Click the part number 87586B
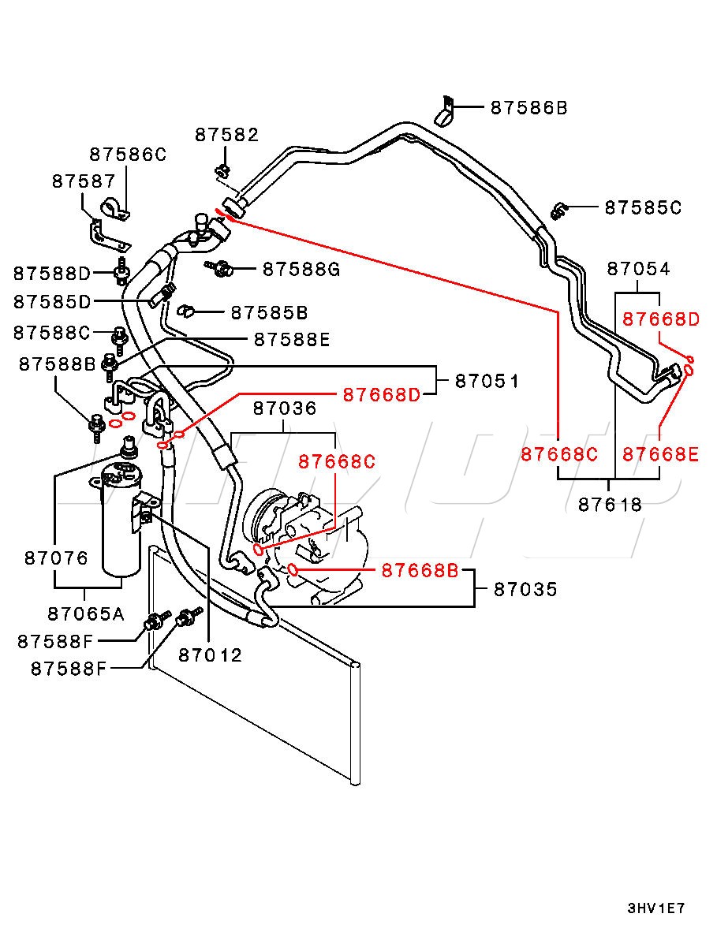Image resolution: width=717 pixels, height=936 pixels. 528,108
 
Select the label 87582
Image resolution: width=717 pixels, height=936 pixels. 226,135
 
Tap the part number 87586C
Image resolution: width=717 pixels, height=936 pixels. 128,155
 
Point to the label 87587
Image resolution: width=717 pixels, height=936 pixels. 84,181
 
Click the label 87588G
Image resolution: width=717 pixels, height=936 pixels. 301,270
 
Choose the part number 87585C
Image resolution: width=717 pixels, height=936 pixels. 643,208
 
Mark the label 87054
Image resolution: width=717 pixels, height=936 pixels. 638,270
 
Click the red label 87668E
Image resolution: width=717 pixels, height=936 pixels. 660,454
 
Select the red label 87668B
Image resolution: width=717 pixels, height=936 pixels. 419,570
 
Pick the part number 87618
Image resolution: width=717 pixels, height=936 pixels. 610,505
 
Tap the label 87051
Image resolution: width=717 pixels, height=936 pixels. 487,382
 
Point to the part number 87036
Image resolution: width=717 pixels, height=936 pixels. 285,408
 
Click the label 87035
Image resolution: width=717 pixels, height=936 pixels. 525,589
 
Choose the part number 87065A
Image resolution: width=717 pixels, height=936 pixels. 85,613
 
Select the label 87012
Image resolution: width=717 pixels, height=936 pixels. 210,654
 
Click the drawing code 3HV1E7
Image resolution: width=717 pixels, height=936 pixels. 655,908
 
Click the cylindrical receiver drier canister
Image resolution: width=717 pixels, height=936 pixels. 121,520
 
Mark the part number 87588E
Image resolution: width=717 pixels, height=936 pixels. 291,340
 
